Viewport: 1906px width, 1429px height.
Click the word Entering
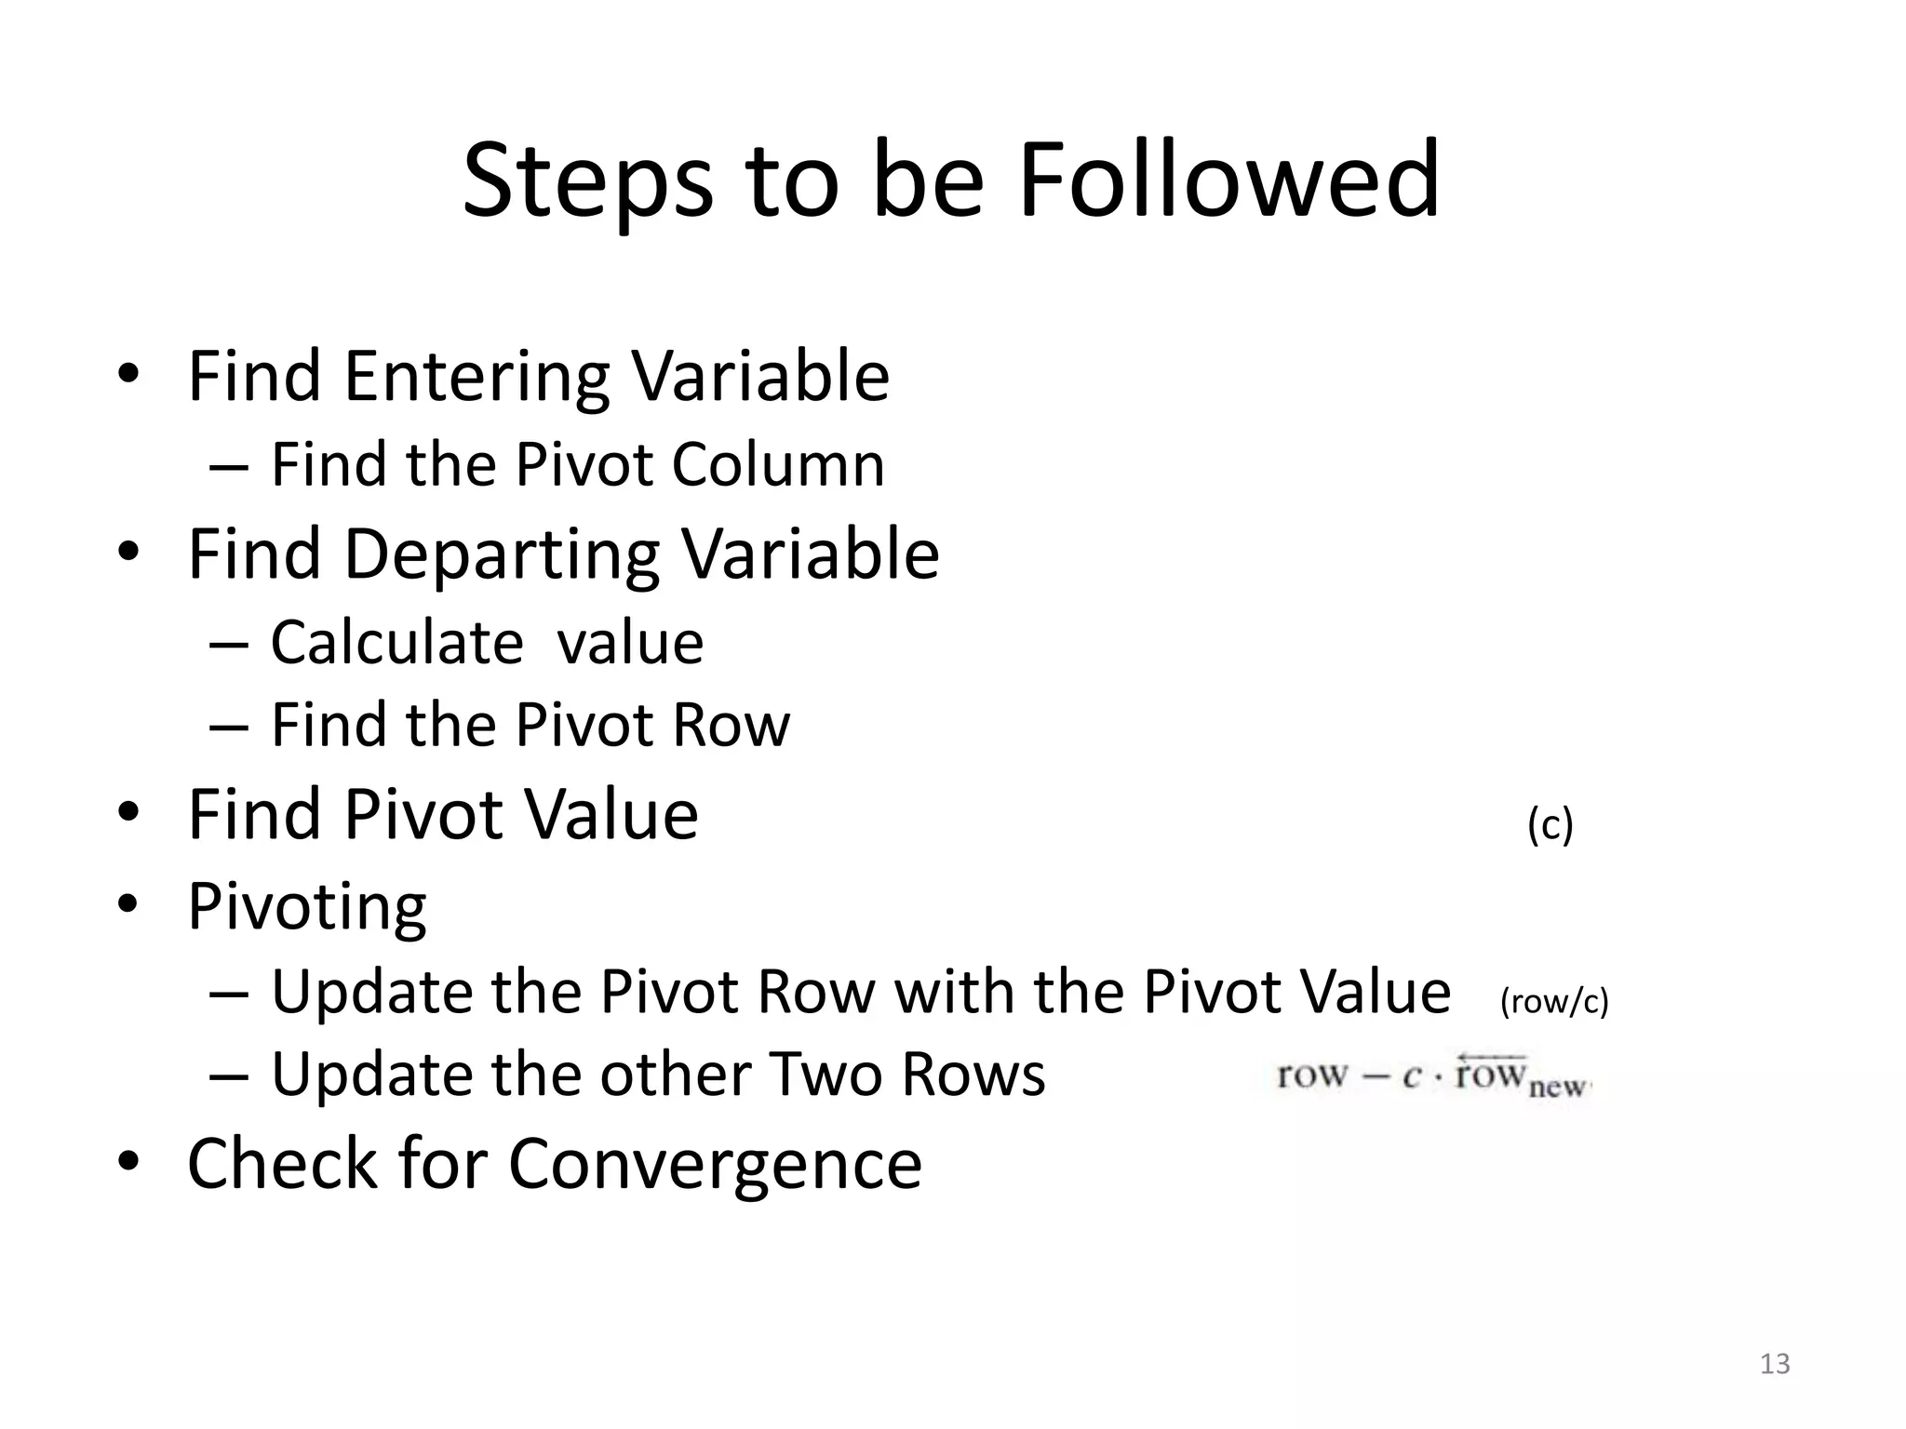(477, 377)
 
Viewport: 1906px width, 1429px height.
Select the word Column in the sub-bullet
(778, 464)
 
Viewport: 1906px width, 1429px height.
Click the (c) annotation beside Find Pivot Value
(1550, 825)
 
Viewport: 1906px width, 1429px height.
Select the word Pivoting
(307, 906)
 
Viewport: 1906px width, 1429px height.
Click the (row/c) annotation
(1554, 1002)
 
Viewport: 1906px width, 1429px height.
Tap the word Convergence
(715, 1164)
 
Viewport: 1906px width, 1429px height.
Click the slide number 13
(1775, 1364)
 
